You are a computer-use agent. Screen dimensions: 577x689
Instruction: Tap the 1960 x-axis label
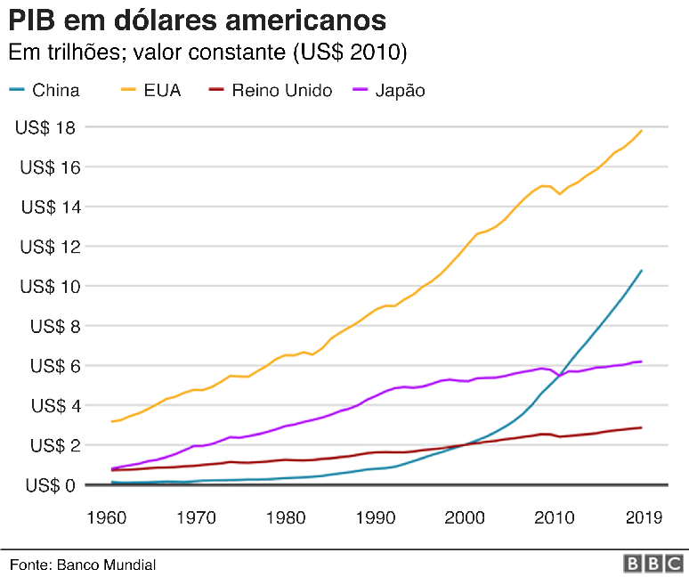105,516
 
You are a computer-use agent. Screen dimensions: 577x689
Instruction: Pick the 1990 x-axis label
376,516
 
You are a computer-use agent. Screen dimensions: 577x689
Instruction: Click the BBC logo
655,564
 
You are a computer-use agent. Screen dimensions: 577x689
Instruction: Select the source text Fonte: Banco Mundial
83,565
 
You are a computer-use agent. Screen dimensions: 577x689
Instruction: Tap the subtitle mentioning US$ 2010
207,53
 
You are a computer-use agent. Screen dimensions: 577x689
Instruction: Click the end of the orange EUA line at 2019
642,130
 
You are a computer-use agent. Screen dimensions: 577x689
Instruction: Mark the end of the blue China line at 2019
642,270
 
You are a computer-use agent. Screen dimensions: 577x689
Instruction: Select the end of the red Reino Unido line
642,427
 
